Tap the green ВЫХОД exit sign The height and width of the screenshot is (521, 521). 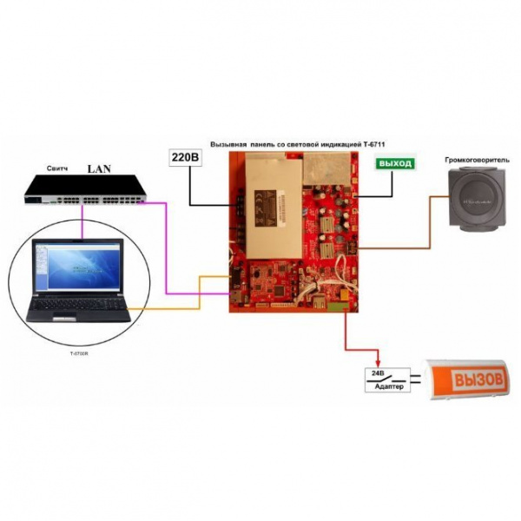coord(392,162)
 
